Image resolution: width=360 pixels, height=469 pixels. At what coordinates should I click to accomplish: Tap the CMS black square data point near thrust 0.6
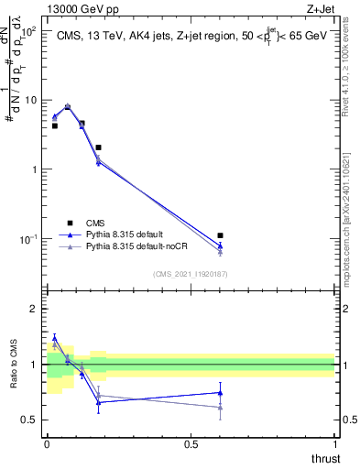(x=220, y=235)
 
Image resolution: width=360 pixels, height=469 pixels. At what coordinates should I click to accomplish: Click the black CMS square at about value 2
(x=98, y=147)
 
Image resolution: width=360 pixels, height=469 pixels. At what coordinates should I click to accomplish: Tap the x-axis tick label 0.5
(x=191, y=444)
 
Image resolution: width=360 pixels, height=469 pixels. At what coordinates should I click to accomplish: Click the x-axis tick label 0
(x=47, y=444)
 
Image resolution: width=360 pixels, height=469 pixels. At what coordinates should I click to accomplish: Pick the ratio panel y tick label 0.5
(x=30, y=420)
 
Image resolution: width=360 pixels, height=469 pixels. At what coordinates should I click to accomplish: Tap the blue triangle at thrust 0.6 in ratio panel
(x=220, y=392)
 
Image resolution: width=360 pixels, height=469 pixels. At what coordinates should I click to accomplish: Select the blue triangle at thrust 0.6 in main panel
(x=220, y=245)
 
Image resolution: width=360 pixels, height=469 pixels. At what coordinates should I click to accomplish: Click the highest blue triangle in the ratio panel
(x=54, y=338)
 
